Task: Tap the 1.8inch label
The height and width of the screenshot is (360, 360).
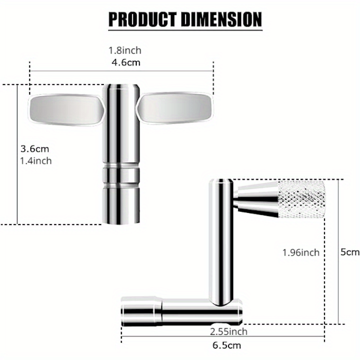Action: tap(122, 51)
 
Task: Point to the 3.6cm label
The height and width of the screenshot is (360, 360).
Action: tap(35, 148)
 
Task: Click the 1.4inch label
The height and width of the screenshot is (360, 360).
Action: tap(36, 160)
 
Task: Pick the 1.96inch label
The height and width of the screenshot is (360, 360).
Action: tap(301, 252)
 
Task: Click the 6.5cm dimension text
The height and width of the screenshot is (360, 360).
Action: tap(226, 345)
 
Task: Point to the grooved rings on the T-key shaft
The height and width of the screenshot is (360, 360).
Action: tap(121, 176)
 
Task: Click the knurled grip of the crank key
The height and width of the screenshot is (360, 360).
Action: tap(301, 198)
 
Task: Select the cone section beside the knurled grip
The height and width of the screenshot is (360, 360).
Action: tap(256, 198)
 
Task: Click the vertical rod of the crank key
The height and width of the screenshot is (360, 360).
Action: tap(221, 238)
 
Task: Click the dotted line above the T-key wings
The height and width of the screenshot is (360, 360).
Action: tap(121, 71)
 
